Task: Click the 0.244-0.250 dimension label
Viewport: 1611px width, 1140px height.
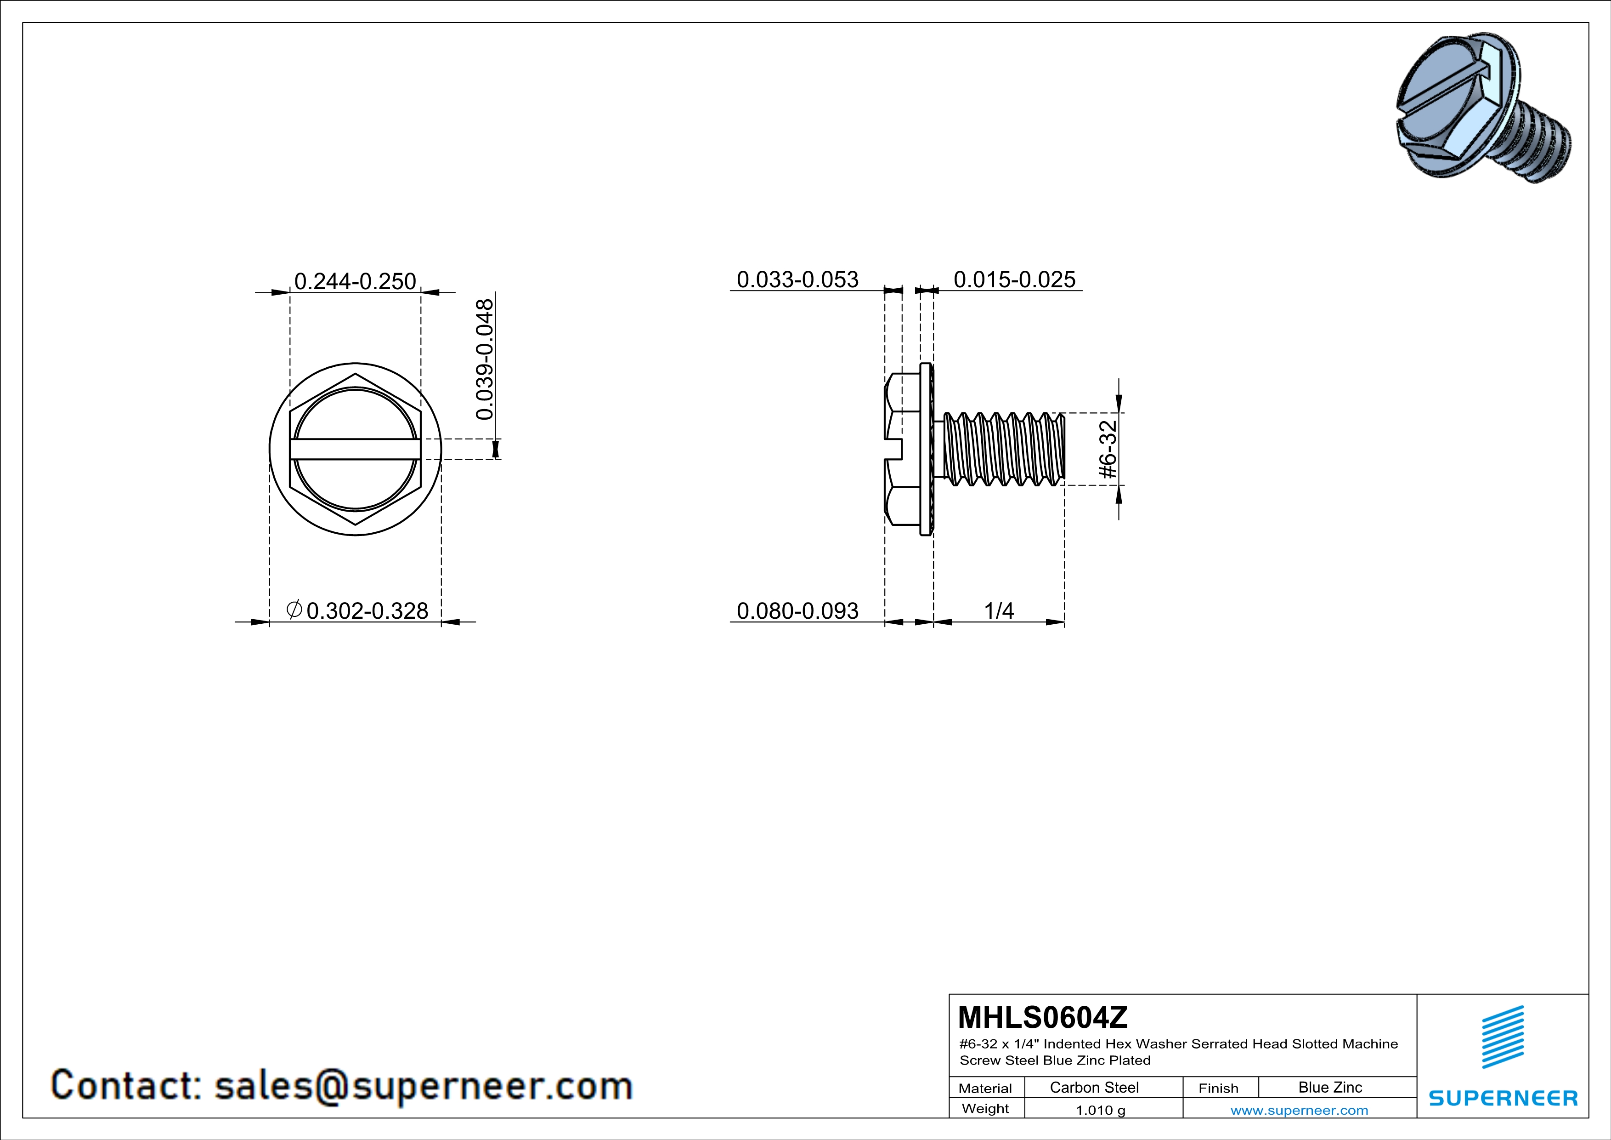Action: [x=355, y=281]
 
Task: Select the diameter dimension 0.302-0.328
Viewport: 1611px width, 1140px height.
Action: [x=358, y=611]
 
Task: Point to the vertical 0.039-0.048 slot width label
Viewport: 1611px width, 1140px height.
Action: [x=485, y=359]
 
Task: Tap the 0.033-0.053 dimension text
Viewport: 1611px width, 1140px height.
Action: [x=797, y=280]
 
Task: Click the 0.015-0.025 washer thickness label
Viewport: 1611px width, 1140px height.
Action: [x=1014, y=280]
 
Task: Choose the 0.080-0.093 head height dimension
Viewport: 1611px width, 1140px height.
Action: [x=797, y=611]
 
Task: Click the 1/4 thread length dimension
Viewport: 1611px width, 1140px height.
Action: [x=999, y=611]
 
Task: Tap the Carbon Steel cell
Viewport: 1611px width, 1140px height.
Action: [x=1094, y=1087]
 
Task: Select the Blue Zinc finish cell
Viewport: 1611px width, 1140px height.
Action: [x=1329, y=1087]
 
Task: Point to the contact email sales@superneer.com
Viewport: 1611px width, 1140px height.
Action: [x=423, y=1085]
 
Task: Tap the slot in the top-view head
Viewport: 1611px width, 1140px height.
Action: [x=355, y=449]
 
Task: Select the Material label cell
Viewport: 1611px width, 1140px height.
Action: [x=985, y=1088]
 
